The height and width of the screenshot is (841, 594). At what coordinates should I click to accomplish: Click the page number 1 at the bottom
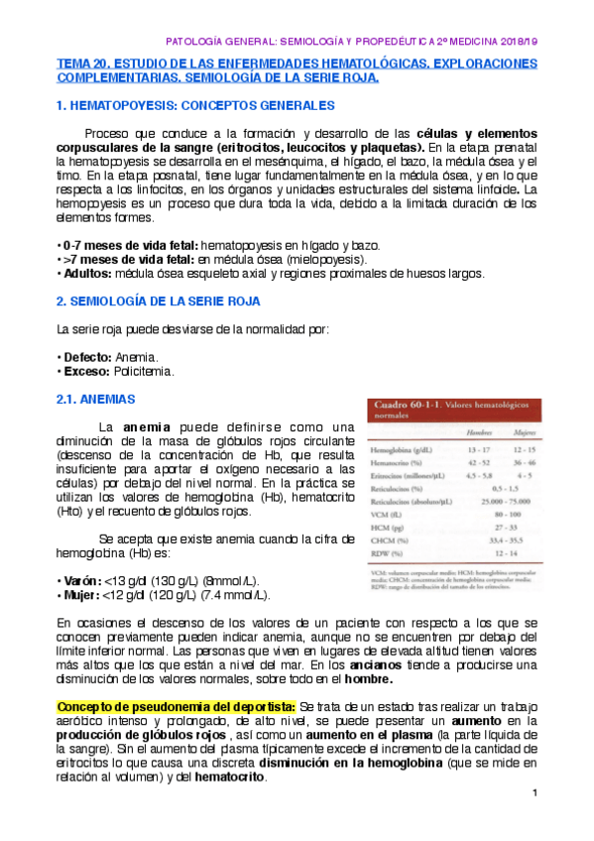535,793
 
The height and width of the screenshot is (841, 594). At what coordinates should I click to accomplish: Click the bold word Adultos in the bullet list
88,273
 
